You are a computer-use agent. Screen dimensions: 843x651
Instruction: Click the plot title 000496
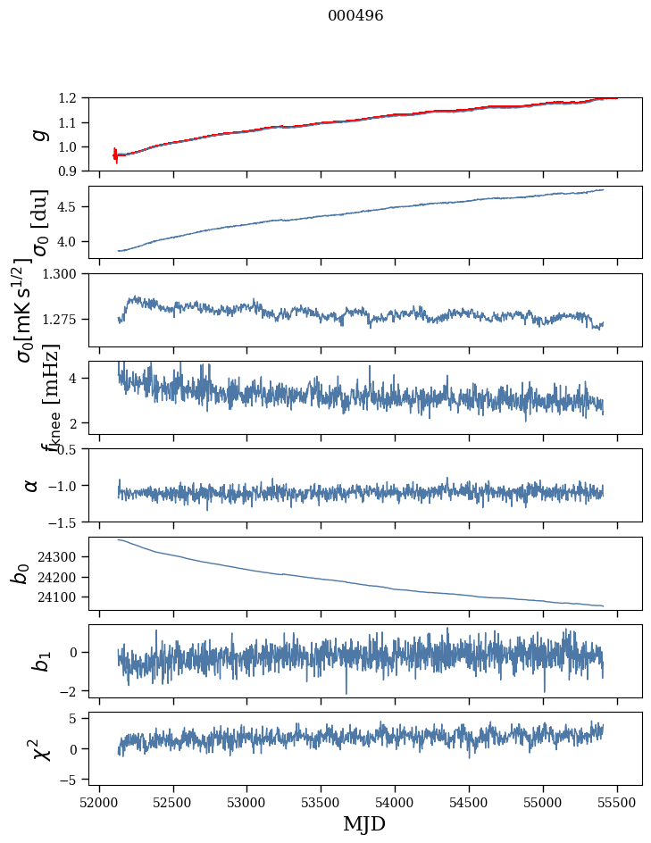(355, 16)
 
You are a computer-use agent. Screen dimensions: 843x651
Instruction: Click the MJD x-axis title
(364, 823)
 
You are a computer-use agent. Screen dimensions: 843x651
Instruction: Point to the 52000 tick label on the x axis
(99, 803)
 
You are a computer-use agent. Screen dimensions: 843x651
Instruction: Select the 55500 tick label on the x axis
(617, 803)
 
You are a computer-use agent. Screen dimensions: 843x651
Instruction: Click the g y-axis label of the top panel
(37, 134)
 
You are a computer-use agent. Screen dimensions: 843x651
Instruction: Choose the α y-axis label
(31, 485)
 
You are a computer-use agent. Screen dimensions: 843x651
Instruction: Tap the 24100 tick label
(62, 597)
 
